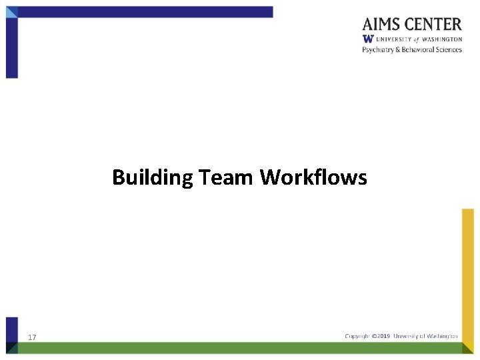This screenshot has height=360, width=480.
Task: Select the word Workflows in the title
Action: point(313,178)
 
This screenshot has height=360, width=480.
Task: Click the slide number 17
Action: point(32,338)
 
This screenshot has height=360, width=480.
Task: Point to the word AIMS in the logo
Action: point(383,25)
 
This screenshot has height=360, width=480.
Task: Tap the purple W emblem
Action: point(367,39)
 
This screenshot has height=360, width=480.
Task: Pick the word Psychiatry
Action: point(377,50)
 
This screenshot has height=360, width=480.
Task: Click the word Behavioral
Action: point(416,50)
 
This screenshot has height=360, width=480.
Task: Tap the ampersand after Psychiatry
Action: point(396,50)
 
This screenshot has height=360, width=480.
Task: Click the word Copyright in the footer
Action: point(357,336)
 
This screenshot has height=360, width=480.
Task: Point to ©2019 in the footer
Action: point(382,336)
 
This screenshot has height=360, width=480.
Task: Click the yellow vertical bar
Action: point(468,273)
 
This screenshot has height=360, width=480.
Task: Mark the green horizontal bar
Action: point(240,348)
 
